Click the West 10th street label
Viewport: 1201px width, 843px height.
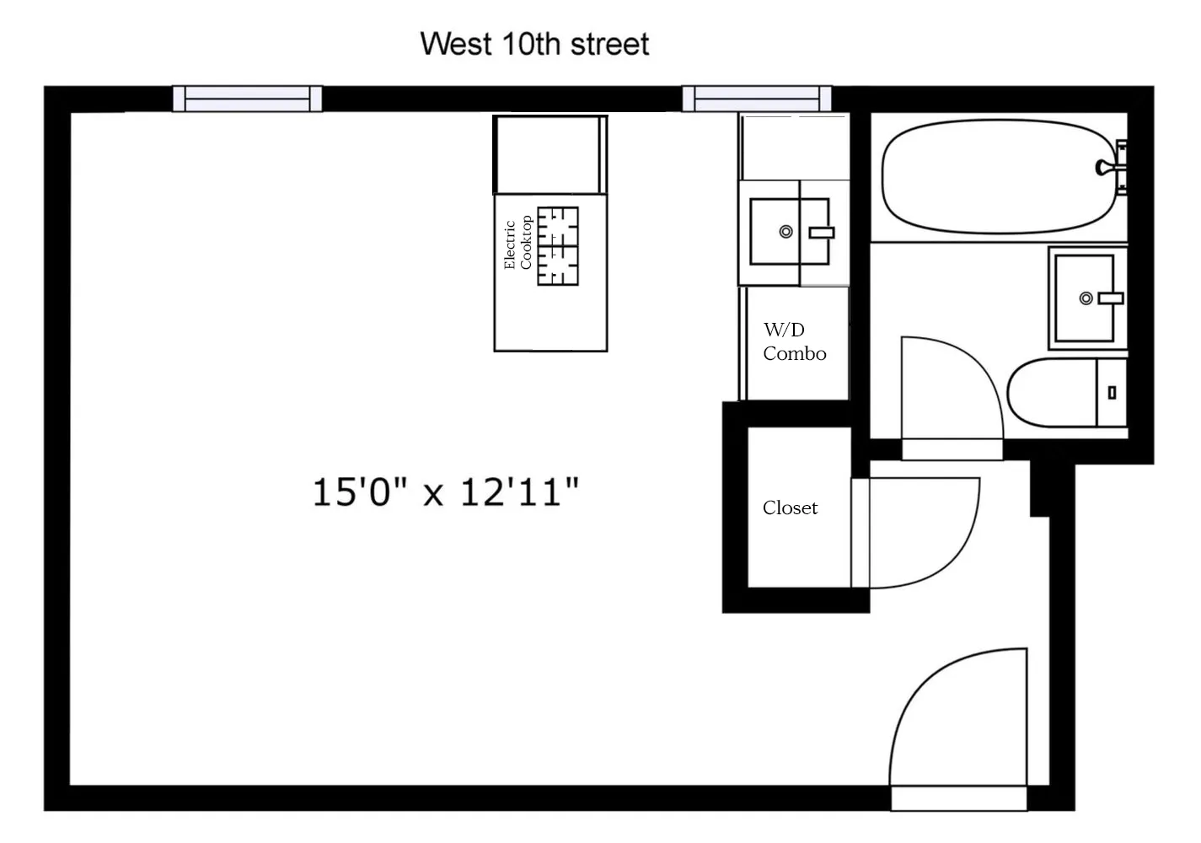pos(534,44)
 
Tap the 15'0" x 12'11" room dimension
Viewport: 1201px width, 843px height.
pos(446,491)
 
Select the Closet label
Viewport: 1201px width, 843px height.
pos(790,507)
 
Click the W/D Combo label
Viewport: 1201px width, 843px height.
pos(794,341)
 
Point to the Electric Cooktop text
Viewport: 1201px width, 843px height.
pos(517,244)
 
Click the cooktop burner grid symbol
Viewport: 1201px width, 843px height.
pos(558,246)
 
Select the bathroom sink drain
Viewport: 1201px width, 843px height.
pos(1086,298)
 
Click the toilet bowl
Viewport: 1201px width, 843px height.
pos(1050,394)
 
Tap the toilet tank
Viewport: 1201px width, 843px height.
pos(1111,393)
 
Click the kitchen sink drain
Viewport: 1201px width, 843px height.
pos(785,232)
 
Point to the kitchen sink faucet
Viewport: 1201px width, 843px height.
pos(820,233)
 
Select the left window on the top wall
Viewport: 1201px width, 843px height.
pos(247,99)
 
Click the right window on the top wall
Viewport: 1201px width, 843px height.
pos(756,99)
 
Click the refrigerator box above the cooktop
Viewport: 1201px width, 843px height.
pos(550,155)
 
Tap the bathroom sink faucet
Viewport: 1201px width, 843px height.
pos(1111,298)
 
